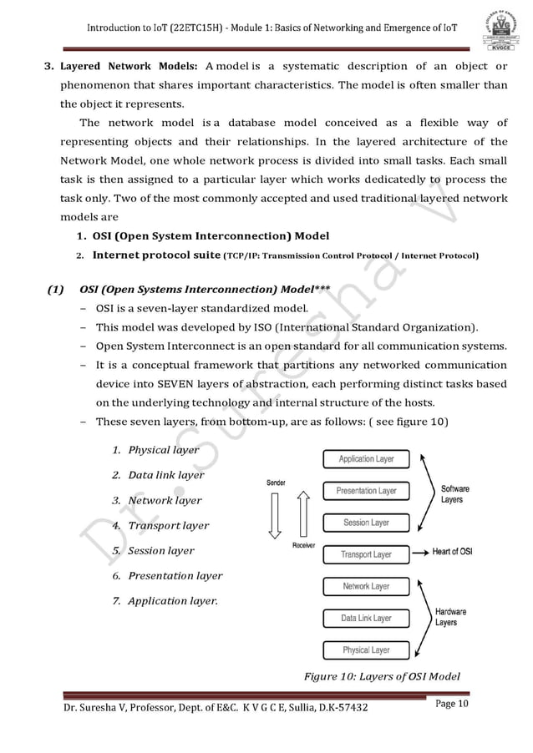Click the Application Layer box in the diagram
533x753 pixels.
pos(366,459)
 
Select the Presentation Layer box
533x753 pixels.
pos(366,491)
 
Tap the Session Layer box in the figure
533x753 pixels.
pos(366,523)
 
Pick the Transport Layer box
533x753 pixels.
pos(366,554)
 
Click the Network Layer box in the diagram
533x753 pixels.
pos(366,586)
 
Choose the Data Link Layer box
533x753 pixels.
pos(366,618)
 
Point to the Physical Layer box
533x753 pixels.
pos(366,649)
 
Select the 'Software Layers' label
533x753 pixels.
pos(454,493)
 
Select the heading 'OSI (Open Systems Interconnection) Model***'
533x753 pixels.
pos(205,291)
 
